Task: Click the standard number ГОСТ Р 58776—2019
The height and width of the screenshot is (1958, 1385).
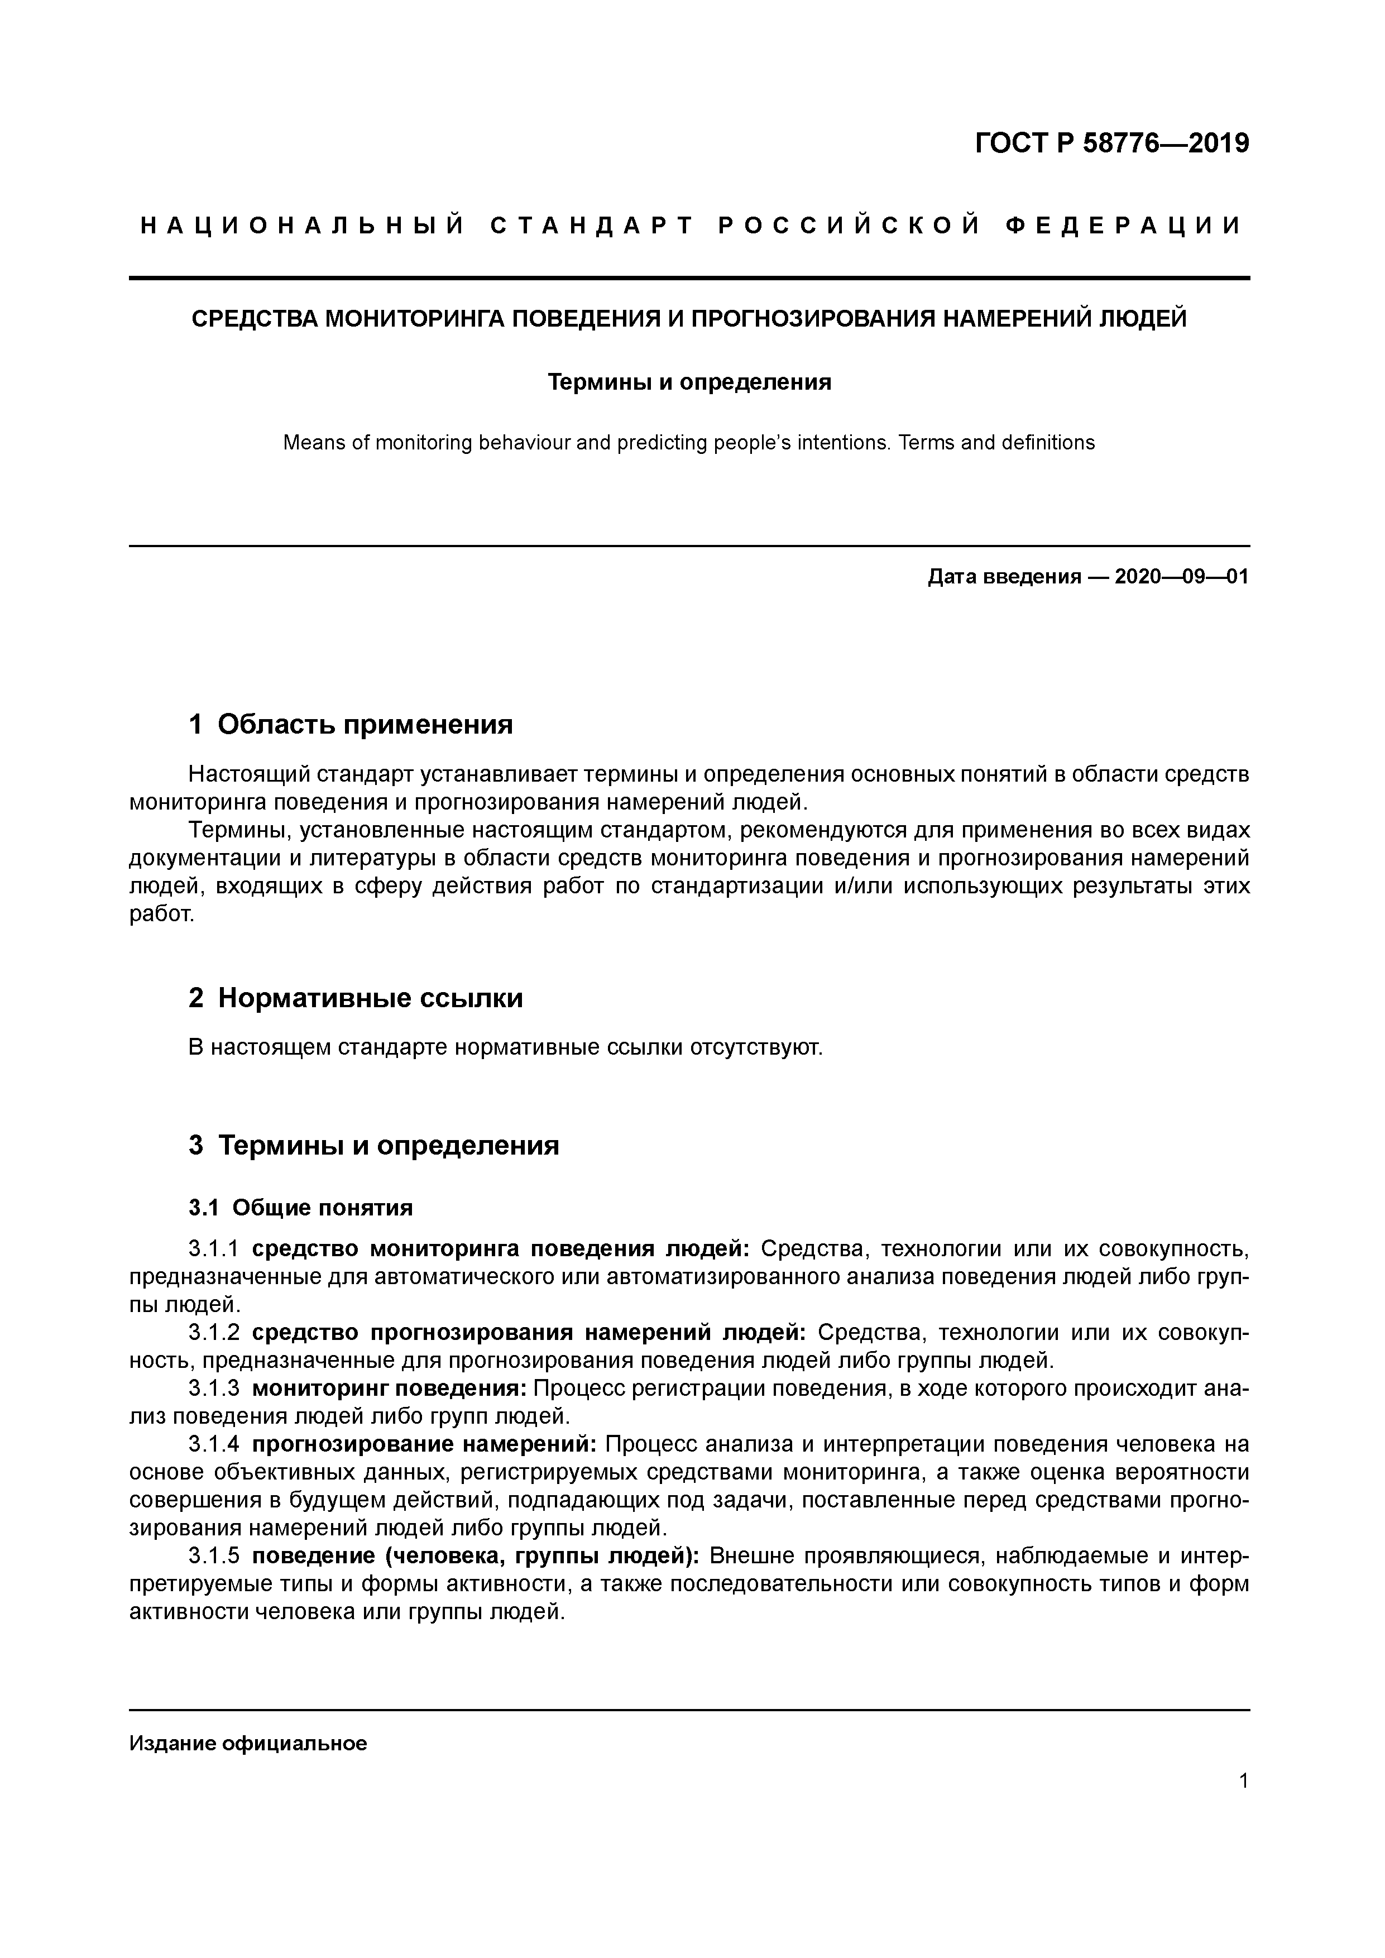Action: click(x=1111, y=143)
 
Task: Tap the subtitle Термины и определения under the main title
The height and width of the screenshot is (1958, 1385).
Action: click(x=689, y=382)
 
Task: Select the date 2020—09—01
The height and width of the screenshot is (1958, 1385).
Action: click(x=1181, y=577)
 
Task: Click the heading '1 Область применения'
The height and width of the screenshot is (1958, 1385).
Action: click(x=351, y=725)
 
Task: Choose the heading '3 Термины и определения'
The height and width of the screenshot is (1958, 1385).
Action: click(x=373, y=1145)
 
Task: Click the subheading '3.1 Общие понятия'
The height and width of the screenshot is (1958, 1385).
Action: click(x=300, y=1208)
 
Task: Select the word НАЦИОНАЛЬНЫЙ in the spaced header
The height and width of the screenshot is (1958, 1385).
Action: click(x=303, y=226)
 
